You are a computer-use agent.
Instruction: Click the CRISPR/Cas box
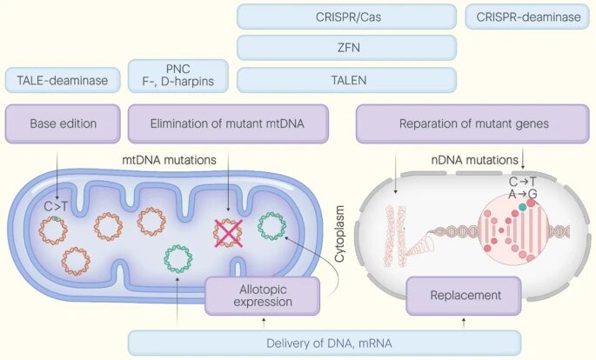[346, 17]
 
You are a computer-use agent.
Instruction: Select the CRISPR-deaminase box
[527, 17]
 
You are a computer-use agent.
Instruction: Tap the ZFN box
[346, 48]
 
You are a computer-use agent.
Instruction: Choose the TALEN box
[346, 80]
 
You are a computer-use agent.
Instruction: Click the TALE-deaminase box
[63, 80]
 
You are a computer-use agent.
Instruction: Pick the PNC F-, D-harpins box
[178, 76]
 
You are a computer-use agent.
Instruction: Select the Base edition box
[63, 123]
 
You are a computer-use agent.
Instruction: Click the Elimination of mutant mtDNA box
[228, 123]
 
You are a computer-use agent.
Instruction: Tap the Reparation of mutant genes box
[472, 123]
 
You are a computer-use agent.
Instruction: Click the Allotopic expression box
[263, 296]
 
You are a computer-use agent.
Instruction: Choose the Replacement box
[464, 296]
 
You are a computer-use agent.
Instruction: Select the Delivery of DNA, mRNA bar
[325, 343]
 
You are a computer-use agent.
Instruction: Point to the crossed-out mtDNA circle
[228, 233]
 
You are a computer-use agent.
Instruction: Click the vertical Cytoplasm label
[339, 234]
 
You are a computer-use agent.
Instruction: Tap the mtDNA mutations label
[169, 160]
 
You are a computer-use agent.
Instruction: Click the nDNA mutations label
[475, 160]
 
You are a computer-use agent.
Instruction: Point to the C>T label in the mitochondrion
[56, 207]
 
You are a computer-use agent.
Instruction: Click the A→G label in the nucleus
[523, 194]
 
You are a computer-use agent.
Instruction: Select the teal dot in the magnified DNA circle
[523, 207]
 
